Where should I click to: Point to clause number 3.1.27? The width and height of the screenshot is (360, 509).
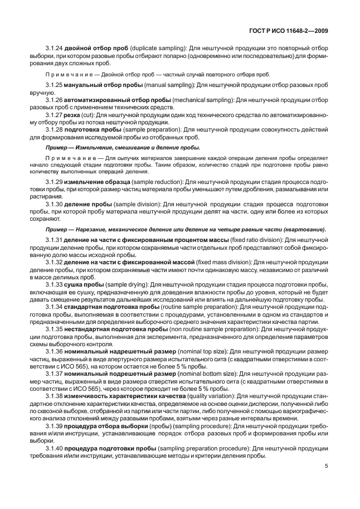coord(53,114)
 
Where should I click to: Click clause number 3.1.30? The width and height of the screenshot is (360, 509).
coord(53,205)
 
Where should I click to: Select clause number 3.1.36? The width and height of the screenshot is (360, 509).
coord(53,351)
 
